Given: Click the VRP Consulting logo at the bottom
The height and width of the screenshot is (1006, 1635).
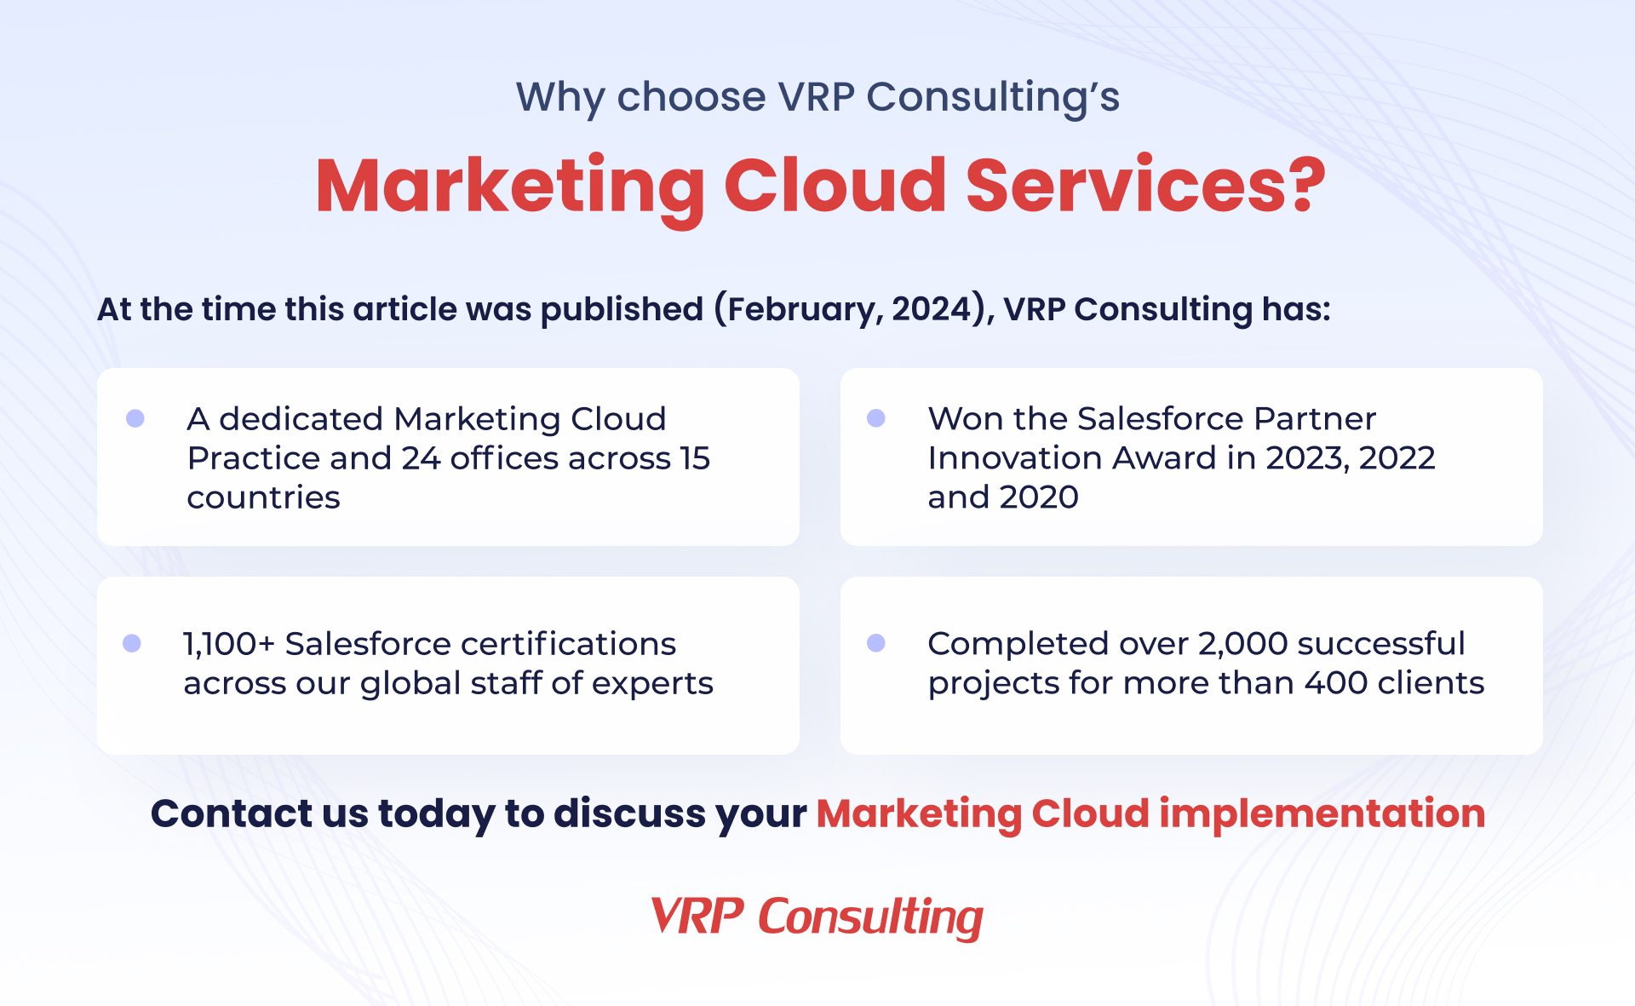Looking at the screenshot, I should click(817, 917).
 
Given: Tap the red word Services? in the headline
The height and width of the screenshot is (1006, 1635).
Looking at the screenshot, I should click(1145, 186).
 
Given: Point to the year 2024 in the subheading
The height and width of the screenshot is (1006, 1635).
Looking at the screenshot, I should click(931, 309).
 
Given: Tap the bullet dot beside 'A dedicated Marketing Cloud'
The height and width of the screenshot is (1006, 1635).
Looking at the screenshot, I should click(135, 418).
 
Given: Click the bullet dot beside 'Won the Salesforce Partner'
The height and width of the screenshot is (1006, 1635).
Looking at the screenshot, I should click(876, 418).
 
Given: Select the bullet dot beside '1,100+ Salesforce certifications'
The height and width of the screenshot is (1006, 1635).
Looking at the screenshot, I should click(132, 643).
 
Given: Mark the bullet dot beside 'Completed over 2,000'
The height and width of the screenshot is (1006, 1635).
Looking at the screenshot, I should click(876, 643).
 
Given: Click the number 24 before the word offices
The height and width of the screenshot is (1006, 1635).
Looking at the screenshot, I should click(421, 458).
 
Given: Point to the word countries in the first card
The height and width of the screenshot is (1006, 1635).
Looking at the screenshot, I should click(263, 497).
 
